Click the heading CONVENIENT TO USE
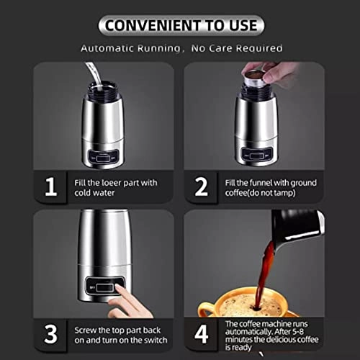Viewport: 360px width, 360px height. [x=180, y=25]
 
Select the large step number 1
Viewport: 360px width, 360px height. [x=50, y=187]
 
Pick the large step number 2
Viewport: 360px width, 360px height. [x=202, y=187]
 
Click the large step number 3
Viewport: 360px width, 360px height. [x=50, y=333]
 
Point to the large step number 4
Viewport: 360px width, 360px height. [x=202, y=333]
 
